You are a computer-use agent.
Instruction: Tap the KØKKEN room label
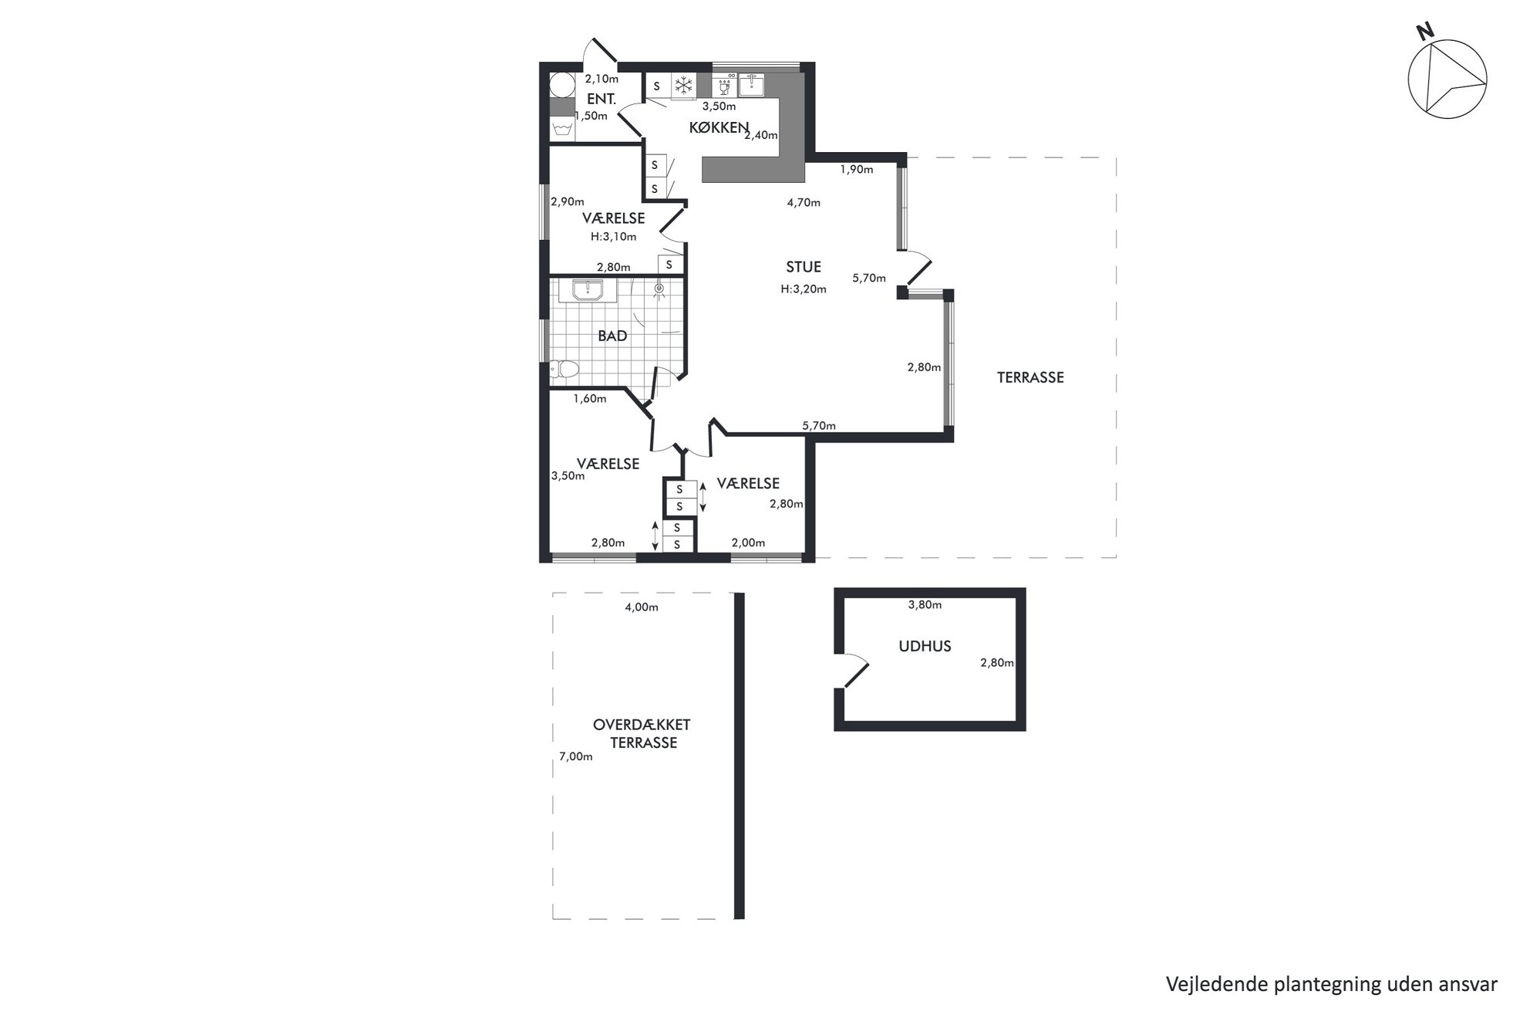[719, 128]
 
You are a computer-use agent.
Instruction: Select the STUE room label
[804, 267]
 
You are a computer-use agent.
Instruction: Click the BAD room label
[613, 336]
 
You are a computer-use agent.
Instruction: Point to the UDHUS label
[925, 647]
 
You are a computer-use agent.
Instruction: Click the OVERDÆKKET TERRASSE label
[642, 734]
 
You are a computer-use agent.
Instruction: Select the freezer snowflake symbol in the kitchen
[684, 85]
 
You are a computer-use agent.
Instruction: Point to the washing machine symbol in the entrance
[562, 129]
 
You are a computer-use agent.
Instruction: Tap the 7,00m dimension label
[576, 757]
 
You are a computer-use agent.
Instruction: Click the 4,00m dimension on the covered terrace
[642, 607]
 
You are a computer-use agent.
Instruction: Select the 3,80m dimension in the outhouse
[925, 605]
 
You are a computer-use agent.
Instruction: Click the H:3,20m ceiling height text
[804, 289]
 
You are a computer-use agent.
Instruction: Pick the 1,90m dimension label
[857, 170]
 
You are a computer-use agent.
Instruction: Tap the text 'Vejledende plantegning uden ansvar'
[1332, 984]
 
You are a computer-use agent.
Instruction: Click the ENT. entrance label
[602, 99]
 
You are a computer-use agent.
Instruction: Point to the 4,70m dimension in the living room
[804, 203]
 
